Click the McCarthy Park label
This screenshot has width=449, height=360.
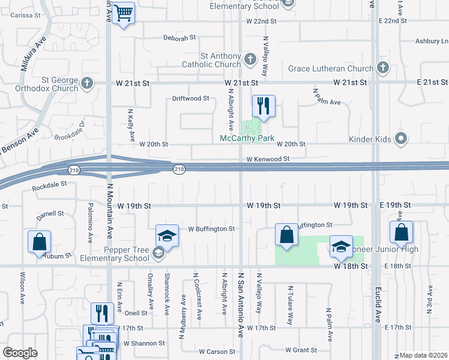247,139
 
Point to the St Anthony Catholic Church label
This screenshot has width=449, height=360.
211,60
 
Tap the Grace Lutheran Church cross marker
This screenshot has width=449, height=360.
382,68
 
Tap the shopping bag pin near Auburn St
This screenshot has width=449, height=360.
39,242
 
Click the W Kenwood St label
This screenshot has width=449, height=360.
268,159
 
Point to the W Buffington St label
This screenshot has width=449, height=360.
211,229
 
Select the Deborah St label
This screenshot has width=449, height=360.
179,37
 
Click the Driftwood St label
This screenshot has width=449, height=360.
190,98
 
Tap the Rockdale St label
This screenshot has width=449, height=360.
49,186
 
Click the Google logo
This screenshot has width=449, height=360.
20,353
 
